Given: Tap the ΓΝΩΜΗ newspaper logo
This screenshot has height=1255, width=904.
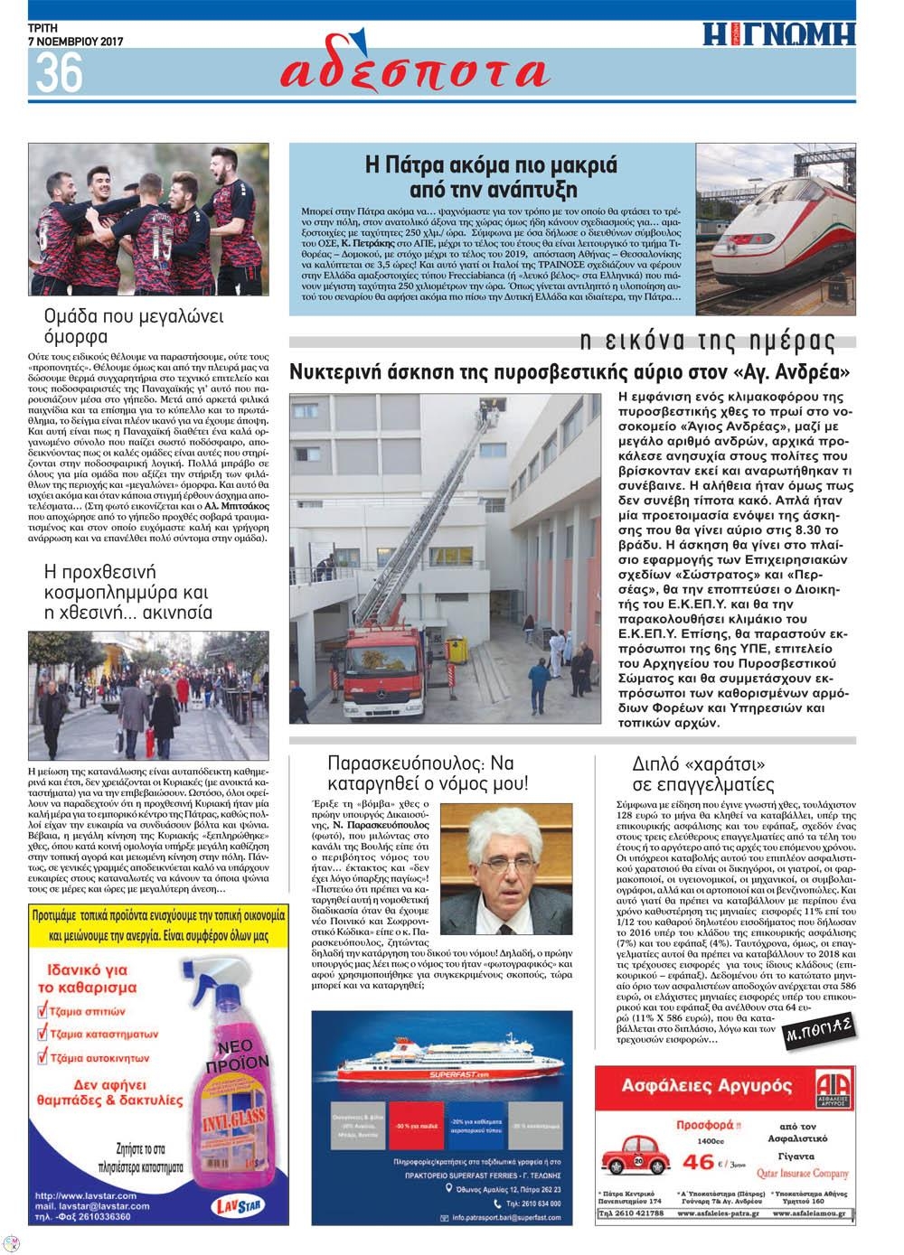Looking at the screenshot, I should pos(779,34).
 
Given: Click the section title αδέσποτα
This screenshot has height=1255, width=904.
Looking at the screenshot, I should pos(414,71).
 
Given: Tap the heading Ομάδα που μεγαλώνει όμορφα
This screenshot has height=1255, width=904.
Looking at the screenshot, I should pos(134,326).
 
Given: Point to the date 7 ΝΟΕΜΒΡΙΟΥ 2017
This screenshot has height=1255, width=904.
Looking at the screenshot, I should pos(76,41).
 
